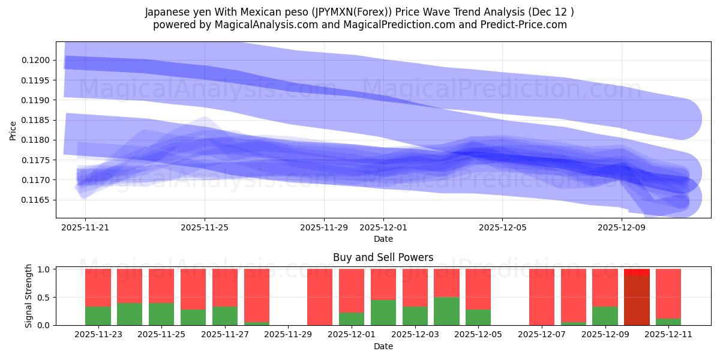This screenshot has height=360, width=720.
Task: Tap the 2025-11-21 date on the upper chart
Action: (85, 227)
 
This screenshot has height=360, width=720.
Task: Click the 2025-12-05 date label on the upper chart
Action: (502, 227)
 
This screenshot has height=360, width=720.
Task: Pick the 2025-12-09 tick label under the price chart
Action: (622, 227)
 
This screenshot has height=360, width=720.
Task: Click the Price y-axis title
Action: (13, 131)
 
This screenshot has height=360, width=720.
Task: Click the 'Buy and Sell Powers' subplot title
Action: (383, 257)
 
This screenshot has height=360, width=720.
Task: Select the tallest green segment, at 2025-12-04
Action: (446, 311)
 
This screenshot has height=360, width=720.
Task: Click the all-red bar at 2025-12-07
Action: (542, 297)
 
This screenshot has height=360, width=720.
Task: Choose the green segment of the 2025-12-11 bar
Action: (668, 322)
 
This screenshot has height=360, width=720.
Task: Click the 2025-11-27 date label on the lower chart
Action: (225, 335)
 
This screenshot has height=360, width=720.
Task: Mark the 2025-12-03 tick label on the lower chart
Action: (415, 335)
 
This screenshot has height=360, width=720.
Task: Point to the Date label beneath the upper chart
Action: (383, 239)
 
